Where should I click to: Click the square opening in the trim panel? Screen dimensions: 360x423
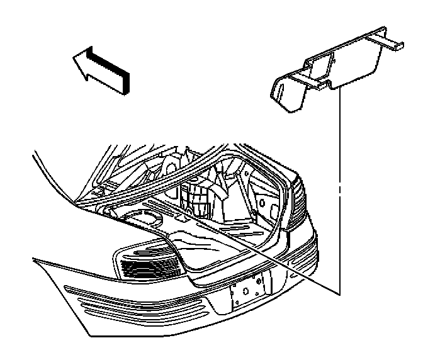click(322, 66)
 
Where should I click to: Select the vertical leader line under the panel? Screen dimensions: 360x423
click(339, 189)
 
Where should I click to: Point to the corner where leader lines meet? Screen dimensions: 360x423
click(339, 294)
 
